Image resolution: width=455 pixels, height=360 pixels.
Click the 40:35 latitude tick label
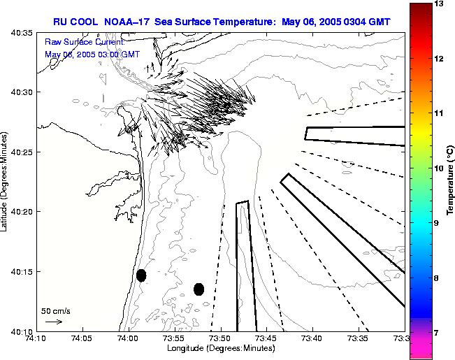click(x=22, y=32)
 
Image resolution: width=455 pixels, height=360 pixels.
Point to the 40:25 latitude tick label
click(x=22, y=152)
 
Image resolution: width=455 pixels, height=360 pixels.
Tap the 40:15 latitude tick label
click(x=22, y=271)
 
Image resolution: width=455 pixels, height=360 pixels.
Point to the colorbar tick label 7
click(x=437, y=333)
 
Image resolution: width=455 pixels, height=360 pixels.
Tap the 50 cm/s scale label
click(x=55, y=310)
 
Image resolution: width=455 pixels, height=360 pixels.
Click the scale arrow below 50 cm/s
click(x=53, y=322)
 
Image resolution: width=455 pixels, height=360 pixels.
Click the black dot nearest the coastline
click(x=141, y=275)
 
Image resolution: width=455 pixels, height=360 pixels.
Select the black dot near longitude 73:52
click(x=198, y=289)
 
